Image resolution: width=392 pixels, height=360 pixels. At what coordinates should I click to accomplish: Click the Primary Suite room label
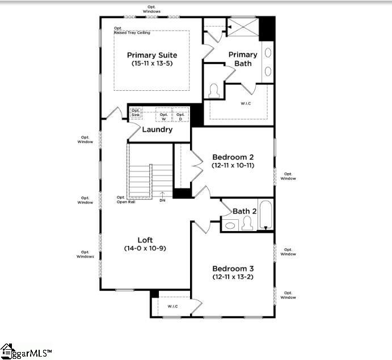(x=152, y=55)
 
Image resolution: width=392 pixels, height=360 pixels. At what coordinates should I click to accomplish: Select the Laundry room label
(x=157, y=129)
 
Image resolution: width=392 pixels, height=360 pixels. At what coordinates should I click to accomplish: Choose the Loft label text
(x=145, y=240)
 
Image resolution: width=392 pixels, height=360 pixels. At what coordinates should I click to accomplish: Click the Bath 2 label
(x=245, y=211)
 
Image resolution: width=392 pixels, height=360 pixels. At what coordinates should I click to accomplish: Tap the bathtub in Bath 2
(x=265, y=215)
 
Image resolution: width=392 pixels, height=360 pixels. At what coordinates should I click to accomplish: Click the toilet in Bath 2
(x=247, y=224)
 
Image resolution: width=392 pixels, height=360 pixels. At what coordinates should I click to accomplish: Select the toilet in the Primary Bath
(x=214, y=91)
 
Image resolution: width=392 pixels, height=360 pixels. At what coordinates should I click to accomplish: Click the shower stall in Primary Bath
(x=242, y=27)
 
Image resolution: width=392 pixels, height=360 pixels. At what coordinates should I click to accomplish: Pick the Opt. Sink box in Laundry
(x=136, y=113)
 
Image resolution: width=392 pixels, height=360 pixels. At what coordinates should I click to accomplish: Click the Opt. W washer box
(x=164, y=116)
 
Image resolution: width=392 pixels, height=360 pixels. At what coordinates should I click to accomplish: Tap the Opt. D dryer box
(x=180, y=116)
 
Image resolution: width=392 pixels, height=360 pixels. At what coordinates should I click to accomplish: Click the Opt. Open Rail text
(x=125, y=199)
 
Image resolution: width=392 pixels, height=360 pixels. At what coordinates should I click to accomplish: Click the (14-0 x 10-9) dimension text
(x=145, y=249)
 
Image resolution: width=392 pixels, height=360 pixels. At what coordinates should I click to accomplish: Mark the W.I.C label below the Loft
(x=172, y=307)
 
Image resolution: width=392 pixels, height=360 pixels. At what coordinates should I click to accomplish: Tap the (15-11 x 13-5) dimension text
(x=152, y=64)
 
